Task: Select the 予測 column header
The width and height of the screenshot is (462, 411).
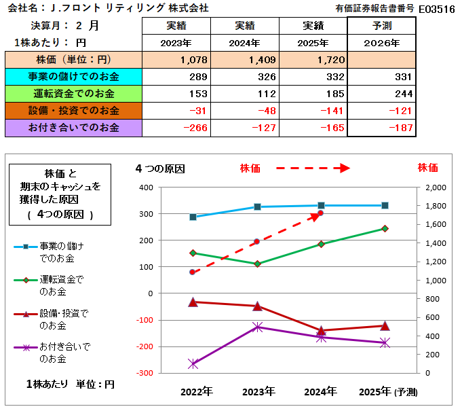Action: click(x=381, y=26)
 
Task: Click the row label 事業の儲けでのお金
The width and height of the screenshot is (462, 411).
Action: click(x=74, y=77)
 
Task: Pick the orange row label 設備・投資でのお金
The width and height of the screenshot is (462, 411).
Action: click(x=74, y=110)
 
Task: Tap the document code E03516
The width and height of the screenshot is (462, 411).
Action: click(x=437, y=9)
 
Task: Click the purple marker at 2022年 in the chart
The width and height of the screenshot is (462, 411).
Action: click(x=193, y=364)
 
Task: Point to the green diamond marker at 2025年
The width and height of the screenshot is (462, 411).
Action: click(x=385, y=229)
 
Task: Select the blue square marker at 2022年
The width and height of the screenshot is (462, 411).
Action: click(x=193, y=217)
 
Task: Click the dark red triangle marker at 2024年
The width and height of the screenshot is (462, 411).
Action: click(x=321, y=331)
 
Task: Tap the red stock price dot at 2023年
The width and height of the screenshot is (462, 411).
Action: click(x=256, y=242)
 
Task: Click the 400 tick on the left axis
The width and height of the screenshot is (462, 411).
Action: click(x=146, y=187)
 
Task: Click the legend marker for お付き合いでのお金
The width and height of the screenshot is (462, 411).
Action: click(x=26, y=347)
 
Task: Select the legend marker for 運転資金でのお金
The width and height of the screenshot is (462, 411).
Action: click(x=26, y=279)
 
